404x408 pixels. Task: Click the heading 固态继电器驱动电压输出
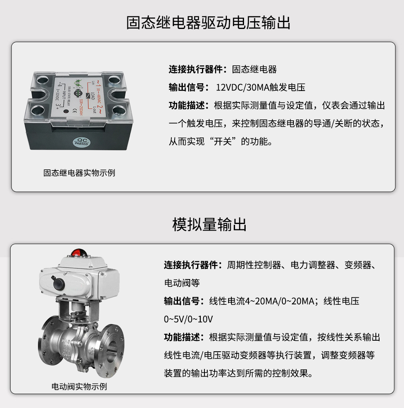coord(209,23)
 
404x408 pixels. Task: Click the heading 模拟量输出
coord(209,224)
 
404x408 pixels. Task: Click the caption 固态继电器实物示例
coord(79,173)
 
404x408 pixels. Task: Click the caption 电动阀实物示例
coord(79,386)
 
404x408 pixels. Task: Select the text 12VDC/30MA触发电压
coord(260,87)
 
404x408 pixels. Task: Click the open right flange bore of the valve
coord(111,348)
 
